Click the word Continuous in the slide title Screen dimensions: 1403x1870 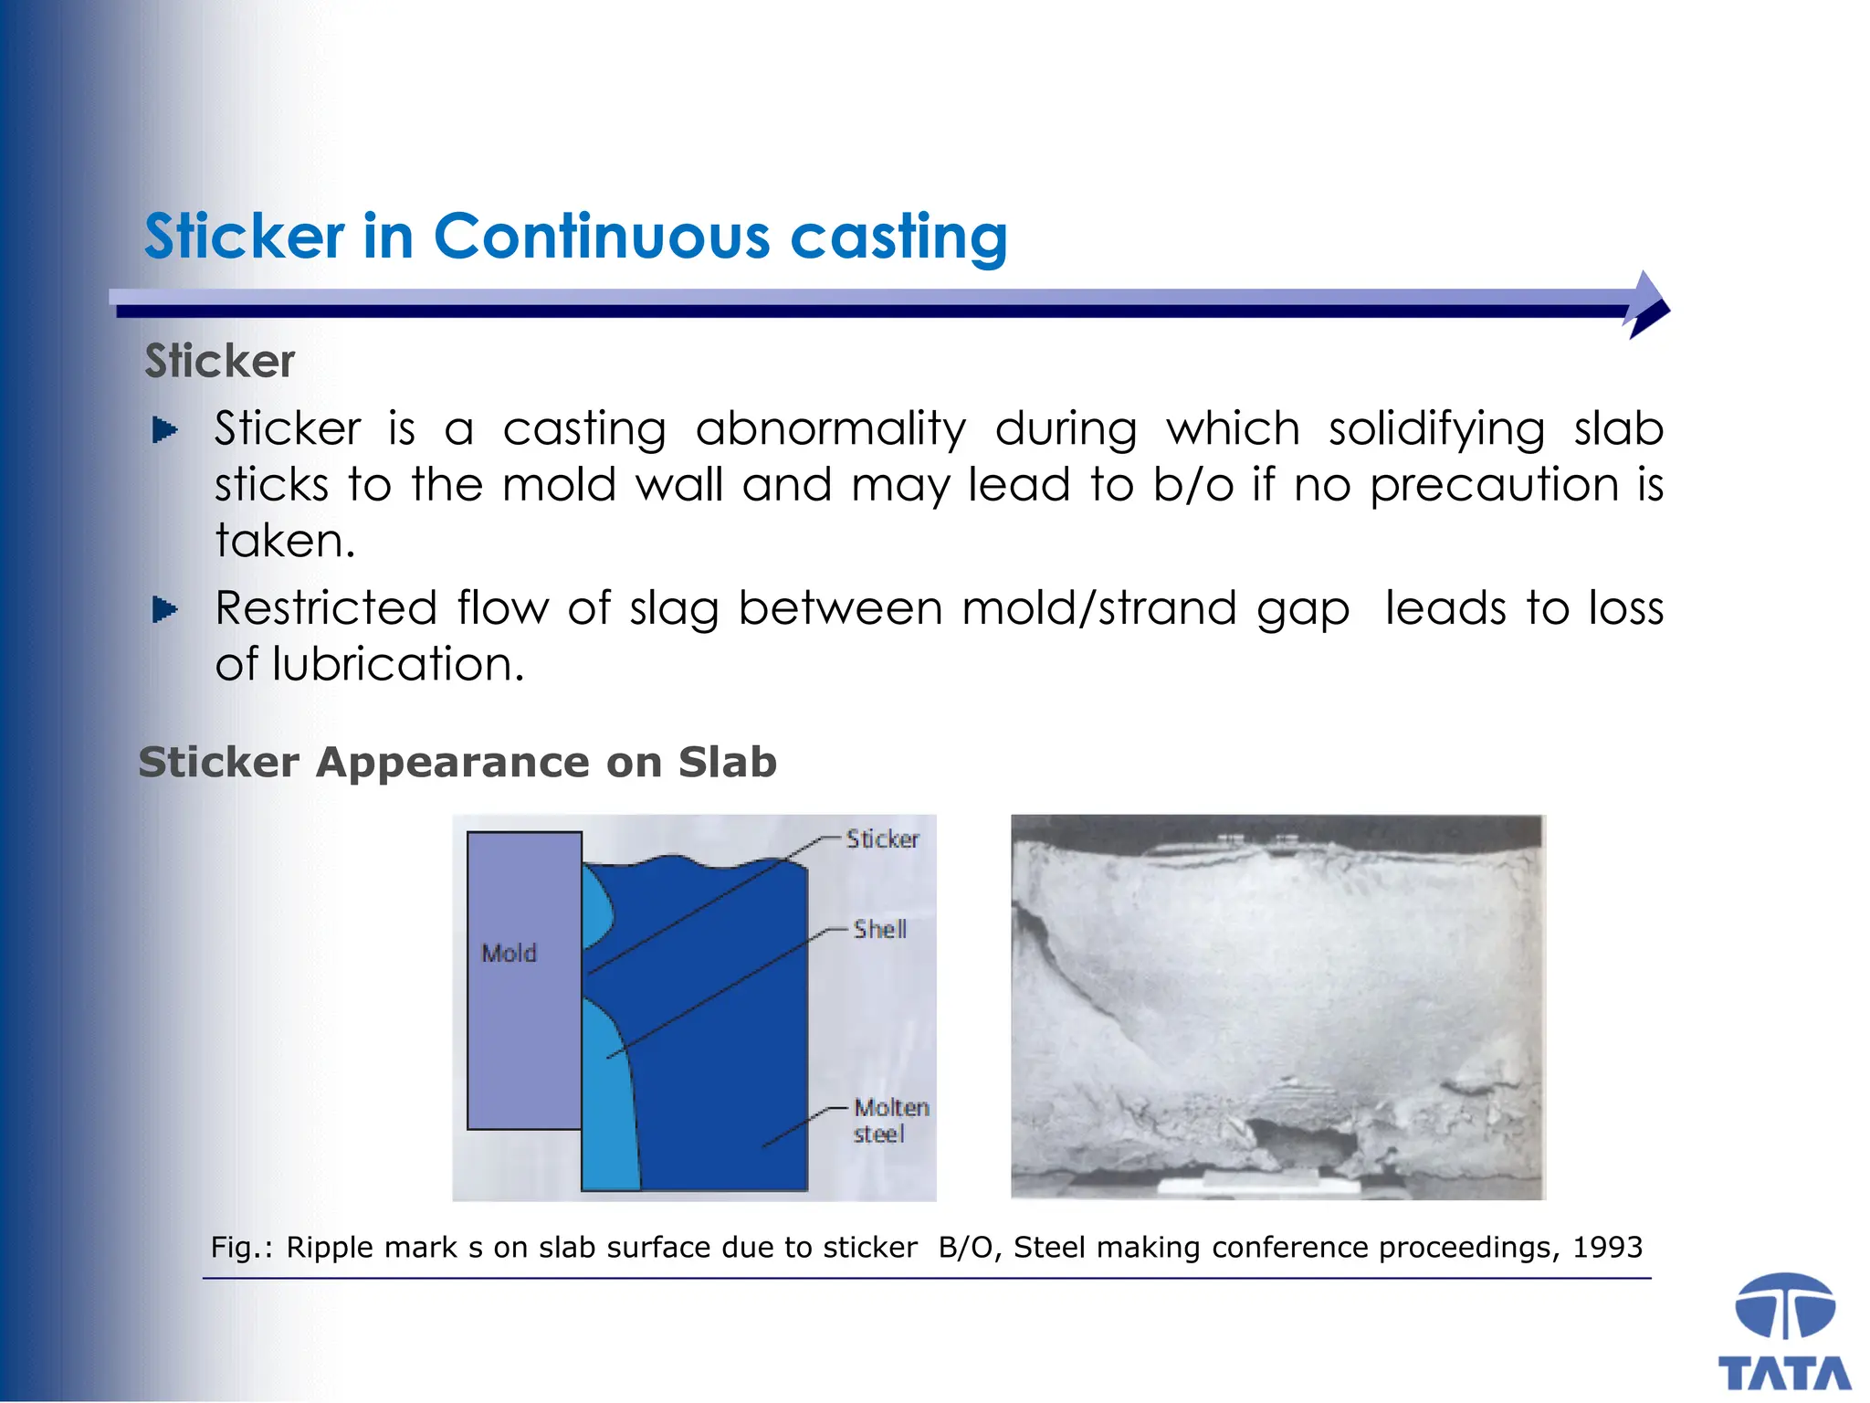(x=602, y=237)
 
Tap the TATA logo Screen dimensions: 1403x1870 (x=1784, y=1334)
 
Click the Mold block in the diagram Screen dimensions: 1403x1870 (x=523, y=980)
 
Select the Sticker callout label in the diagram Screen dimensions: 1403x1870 (x=882, y=839)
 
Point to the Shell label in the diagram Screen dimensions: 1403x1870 (x=879, y=929)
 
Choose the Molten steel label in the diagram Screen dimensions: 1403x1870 (x=890, y=1121)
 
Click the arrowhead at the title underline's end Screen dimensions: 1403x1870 (x=1648, y=305)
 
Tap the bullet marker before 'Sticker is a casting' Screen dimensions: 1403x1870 (x=164, y=429)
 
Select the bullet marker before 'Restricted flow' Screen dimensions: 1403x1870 (x=164, y=608)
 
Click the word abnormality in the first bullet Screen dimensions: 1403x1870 (x=830, y=428)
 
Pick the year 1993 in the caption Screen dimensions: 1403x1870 (x=1607, y=1247)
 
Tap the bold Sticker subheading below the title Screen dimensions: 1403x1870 (x=220, y=361)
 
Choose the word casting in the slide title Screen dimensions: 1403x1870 (x=898, y=237)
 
